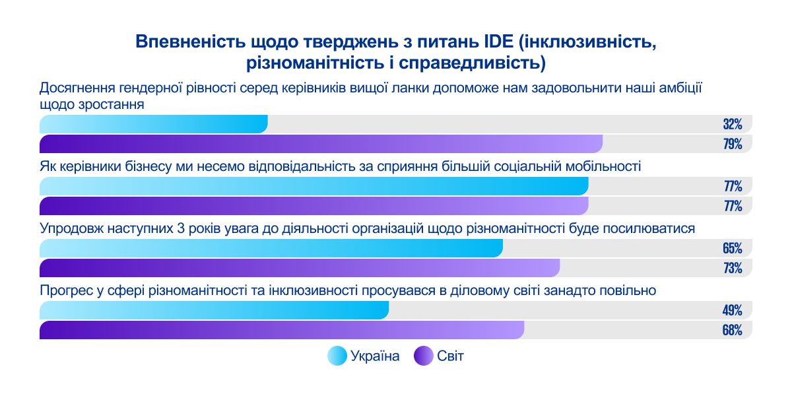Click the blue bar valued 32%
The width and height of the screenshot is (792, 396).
coord(154,124)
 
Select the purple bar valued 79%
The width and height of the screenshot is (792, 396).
coord(321,144)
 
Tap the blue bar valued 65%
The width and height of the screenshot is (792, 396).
coord(271,248)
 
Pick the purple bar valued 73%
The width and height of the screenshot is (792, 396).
coord(300,268)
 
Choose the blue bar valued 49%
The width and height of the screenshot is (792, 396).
coord(214,310)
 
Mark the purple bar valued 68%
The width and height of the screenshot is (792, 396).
coord(282,330)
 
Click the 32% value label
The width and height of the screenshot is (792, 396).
coord(733,124)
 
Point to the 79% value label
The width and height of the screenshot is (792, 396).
coord(733,144)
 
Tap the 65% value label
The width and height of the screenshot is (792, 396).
coord(733,248)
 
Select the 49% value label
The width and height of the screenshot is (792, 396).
coord(733,310)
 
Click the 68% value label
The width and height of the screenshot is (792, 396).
coord(733,330)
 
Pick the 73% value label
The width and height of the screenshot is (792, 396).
coord(733,268)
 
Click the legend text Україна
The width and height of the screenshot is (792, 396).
coord(375,356)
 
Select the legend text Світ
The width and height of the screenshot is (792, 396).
coord(450,356)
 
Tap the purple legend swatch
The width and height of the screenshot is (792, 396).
coord(423,356)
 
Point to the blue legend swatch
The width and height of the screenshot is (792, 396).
coord(337,356)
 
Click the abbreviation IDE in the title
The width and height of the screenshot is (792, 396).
coord(496,42)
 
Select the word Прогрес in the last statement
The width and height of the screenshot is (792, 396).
coord(67,290)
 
